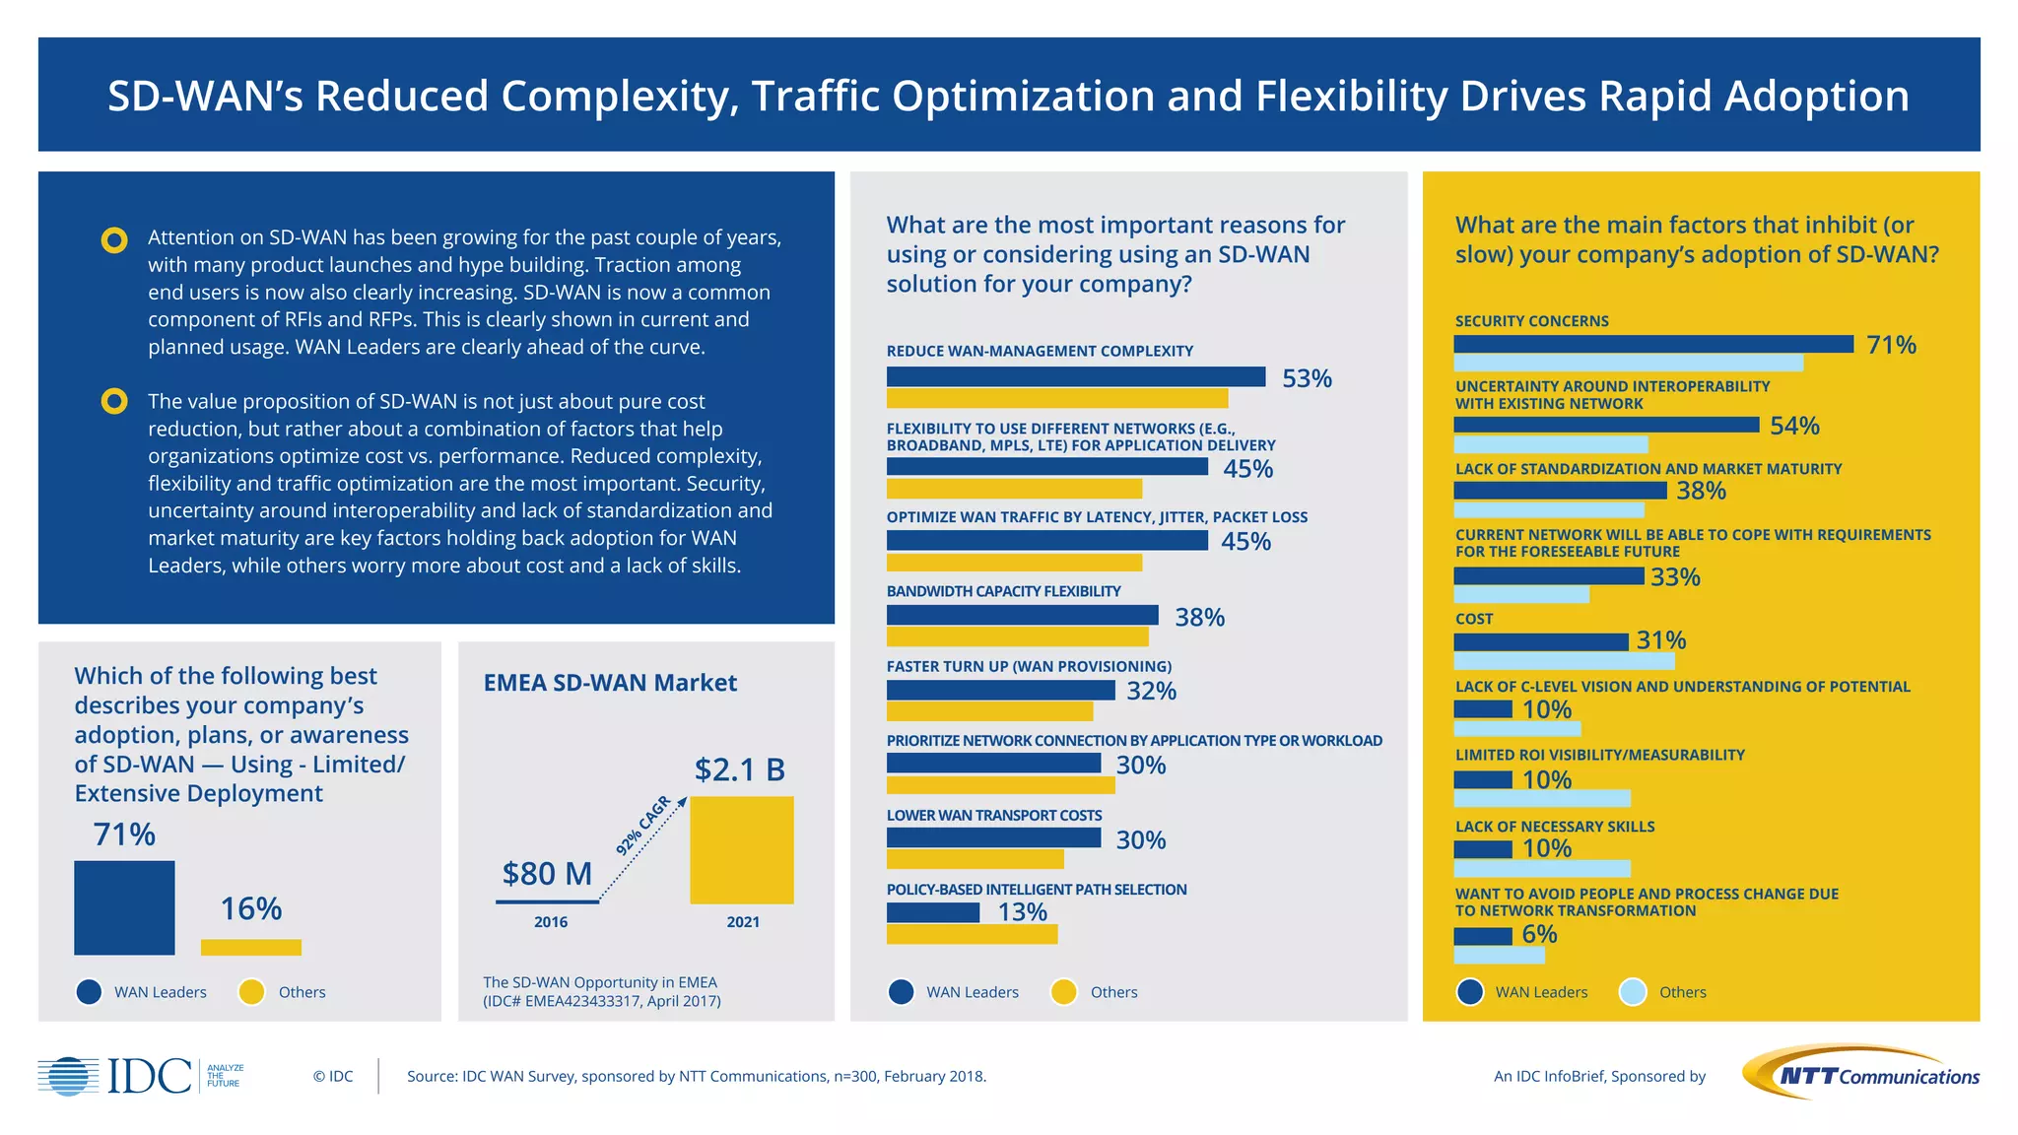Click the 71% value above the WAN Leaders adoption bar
click(x=124, y=835)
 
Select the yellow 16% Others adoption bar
click(x=251, y=947)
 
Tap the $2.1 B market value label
click(x=739, y=769)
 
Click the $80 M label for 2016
click(x=547, y=873)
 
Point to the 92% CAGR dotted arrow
click(x=642, y=849)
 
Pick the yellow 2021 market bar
click(x=741, y=850)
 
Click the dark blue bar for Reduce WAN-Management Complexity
click(x=1075, y=376)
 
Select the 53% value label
click(x=1307, y=378)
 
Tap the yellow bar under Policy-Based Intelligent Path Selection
click(x=972, y=934)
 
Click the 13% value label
click(x=1022, y=912)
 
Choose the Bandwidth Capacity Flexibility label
click(x=1003, y=591)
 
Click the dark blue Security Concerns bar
click(x=1652, y=344)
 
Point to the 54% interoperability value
click(x=1794, y=426)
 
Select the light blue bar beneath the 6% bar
click(x=1499, y=956)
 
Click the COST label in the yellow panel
click(x=1474, y=619)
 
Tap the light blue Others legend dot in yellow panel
click(x=1633, y=992)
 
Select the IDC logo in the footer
click(x=141, y=1076)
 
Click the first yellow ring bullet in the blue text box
click(x=114, y=239)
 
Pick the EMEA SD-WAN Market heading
click(x=610, y=683)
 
